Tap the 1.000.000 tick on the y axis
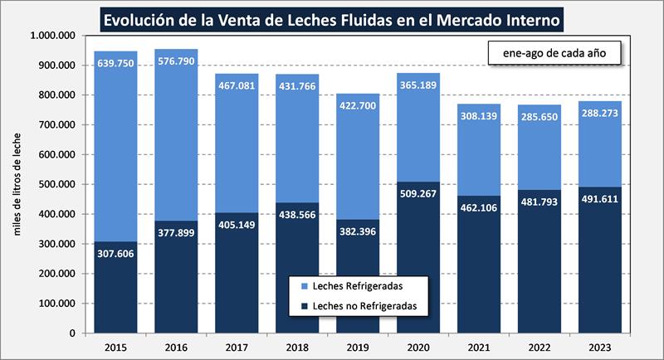tap(52, 36)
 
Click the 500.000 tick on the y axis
tap(52, 184)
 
